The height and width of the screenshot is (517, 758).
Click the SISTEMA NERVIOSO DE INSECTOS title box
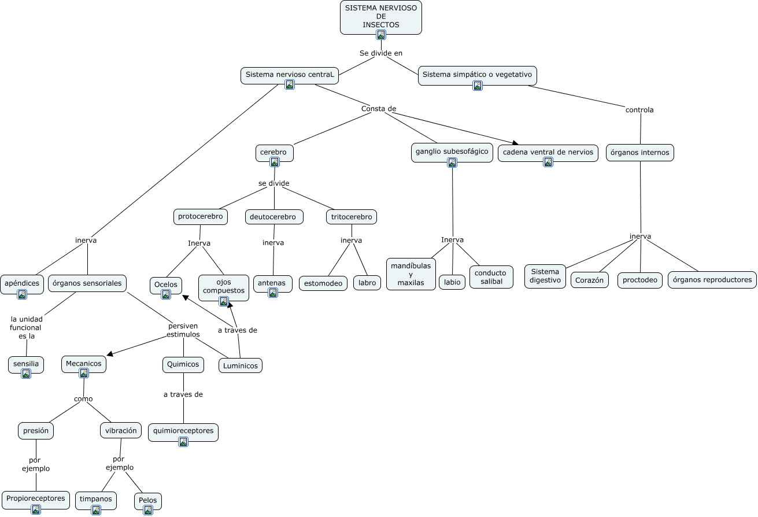pos(380,16)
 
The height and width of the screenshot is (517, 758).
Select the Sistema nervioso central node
pos(290,75)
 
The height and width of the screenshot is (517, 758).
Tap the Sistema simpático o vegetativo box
pos(477,75)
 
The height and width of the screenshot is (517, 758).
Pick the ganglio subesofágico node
pos(452,152)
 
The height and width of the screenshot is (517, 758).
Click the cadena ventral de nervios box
pos(548,152)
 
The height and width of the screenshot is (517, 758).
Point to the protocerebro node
pos(200,217)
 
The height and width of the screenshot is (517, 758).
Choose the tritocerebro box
pos(352,217)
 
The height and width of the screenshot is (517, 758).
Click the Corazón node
pos(590,280)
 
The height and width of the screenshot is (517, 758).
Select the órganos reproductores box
pos(712,280)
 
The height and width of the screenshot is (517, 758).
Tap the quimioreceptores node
pos(183,431)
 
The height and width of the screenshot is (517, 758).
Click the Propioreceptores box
pos(35,498)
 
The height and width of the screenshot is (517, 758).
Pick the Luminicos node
pos(240,365)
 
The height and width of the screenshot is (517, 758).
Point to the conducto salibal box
pos(491,277)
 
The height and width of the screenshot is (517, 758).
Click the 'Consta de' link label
pos(379,109)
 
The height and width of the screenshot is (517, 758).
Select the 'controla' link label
pos(639,110)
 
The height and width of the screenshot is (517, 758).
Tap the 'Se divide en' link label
pos(380,53)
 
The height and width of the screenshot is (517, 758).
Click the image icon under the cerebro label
pos(275,162)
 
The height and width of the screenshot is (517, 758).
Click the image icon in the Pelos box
pos(148,510)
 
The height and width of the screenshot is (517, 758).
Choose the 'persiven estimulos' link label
pos(183,330)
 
